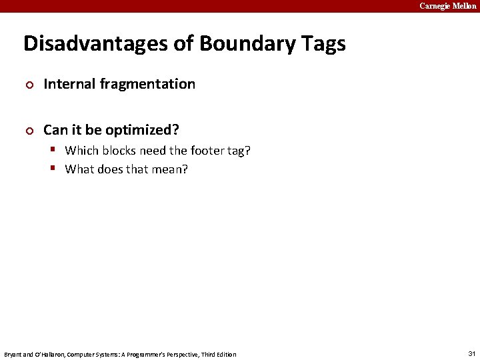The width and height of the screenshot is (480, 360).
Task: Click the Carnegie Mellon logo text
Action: point(447,6)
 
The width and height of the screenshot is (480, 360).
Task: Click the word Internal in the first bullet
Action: point(69,84)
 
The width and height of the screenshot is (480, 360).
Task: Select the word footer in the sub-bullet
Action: point(206,151)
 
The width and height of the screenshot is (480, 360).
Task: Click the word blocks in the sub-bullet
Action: point(119,151)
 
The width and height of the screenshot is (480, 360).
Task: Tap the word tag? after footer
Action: point(238,151)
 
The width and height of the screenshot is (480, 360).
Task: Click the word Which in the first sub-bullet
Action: point(81,151)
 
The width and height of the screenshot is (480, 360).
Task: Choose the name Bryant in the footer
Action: point(13,354)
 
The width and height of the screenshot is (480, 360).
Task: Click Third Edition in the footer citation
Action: point(219,354)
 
